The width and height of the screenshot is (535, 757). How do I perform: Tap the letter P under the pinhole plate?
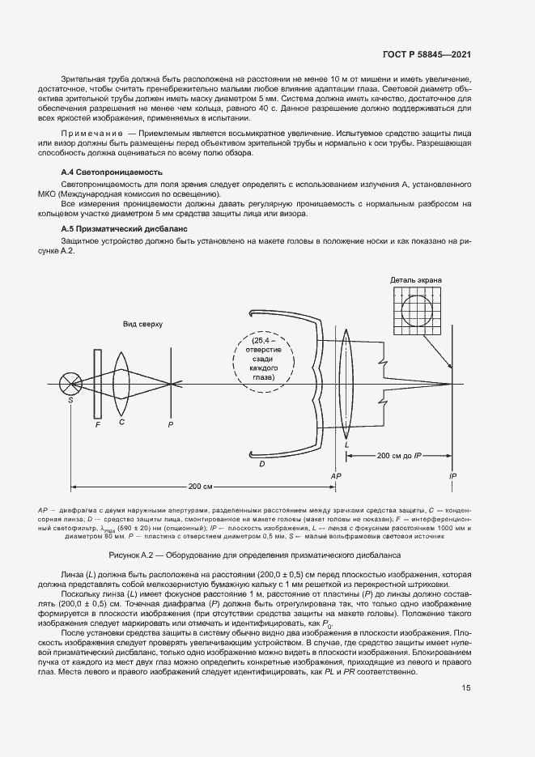point(170,423)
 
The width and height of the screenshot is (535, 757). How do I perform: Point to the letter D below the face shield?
point(261,464)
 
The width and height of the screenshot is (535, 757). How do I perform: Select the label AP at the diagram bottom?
point(335,477)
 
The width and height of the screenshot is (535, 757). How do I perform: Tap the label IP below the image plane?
point(451,477)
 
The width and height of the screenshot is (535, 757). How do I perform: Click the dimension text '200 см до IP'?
point(399,457)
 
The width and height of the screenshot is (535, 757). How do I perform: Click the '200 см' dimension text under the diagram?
point(200,487)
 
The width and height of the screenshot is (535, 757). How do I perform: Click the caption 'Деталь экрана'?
point(416,280)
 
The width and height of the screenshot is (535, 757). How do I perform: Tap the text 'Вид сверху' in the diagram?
point(143,324)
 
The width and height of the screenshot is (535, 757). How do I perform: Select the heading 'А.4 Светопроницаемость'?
point(113,172)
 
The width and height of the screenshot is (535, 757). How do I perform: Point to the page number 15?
point(466,688)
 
